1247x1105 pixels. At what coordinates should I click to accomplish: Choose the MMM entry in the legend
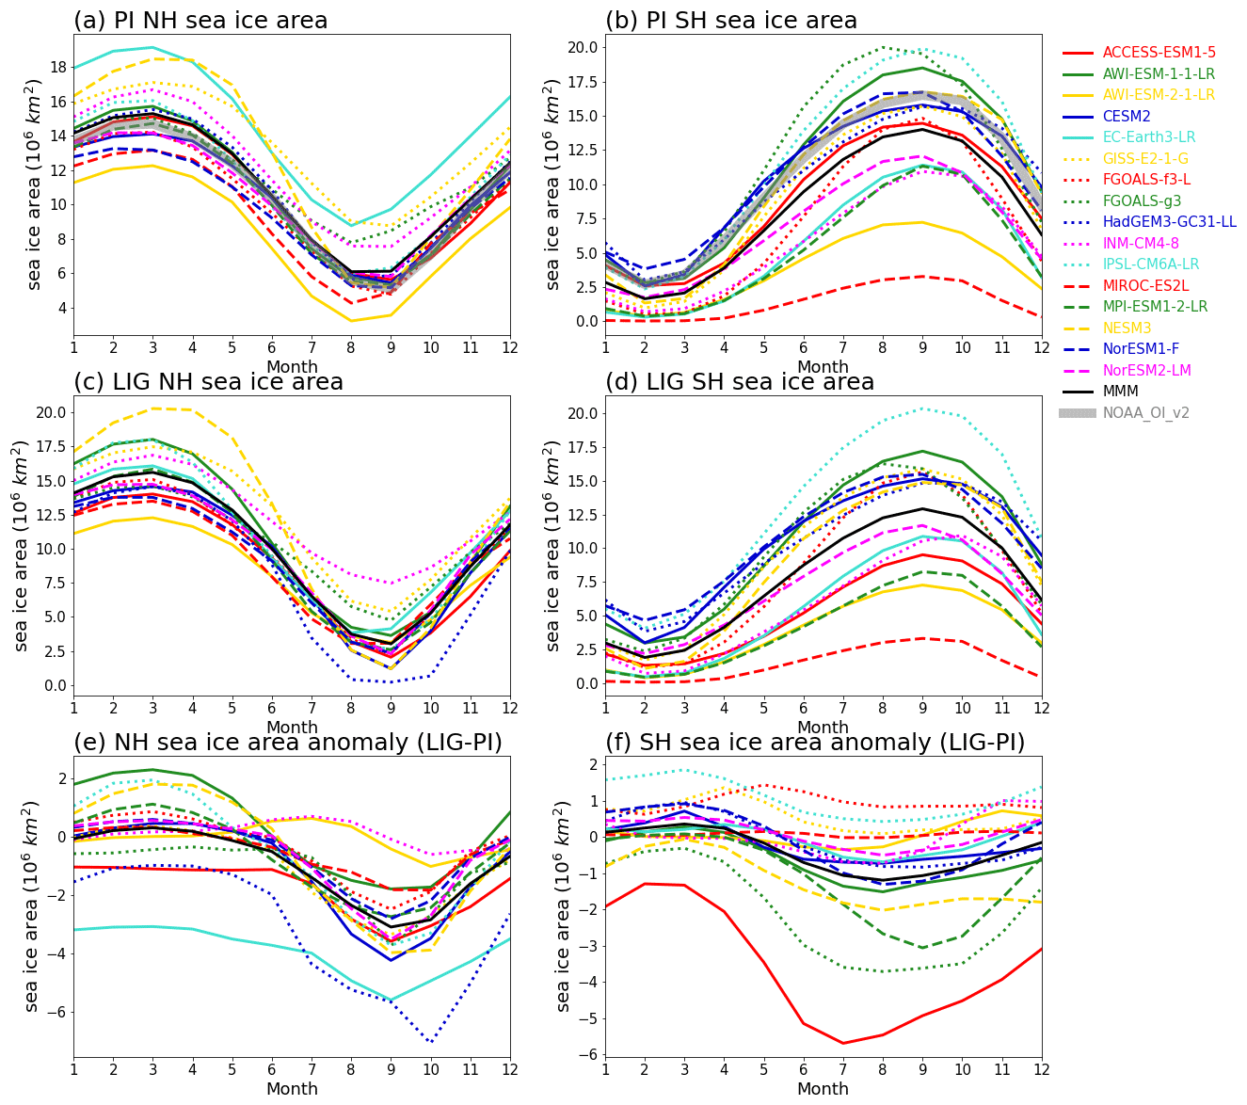pos(1120,391)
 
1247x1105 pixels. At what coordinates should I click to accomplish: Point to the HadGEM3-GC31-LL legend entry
pos(1170,222)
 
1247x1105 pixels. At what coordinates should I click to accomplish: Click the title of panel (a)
pos(200,21)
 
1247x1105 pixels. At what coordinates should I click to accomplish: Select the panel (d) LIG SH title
pos(740,382)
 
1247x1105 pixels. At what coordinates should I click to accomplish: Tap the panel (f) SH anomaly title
pos(815,743)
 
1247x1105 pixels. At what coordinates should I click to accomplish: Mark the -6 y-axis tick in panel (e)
pos(54,1012)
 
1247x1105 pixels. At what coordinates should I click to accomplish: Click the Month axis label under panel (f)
pos(823,1089)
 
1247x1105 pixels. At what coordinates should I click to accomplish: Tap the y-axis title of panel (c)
pos(23,546)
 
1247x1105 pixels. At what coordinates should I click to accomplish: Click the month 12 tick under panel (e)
pos(510,1071)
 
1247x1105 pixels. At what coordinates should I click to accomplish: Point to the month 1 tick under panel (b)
pos(605,349)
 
